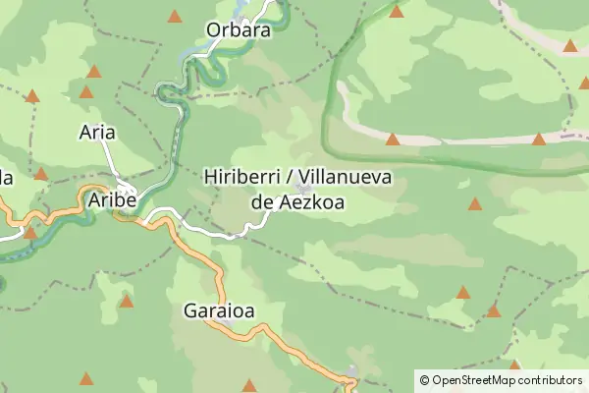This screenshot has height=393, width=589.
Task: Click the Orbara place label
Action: (239, 29)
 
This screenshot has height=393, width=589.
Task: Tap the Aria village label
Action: (97, 132)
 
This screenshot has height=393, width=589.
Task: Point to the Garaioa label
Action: (219, 311)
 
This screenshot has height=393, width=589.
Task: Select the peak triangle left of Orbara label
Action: (175, 16)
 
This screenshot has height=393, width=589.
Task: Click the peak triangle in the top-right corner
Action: (570, 45)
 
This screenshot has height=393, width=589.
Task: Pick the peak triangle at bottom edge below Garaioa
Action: (248, 385)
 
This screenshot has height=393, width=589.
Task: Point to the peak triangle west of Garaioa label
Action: (127, 301)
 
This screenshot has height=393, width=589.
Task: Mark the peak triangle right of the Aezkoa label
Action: (475, 204)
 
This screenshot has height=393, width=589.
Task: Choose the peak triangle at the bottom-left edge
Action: (86, 378)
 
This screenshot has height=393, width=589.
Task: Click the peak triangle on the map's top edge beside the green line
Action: (397, 11)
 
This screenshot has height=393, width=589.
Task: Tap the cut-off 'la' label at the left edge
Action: (5, 178)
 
